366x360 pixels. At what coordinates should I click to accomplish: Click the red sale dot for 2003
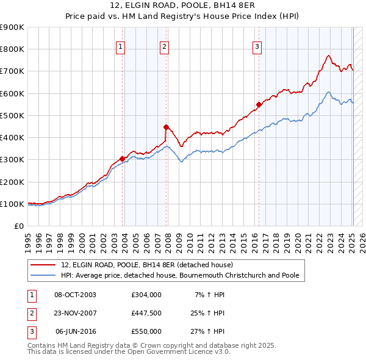pos(123,159)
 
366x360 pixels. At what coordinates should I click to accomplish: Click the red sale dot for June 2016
pos(259,104)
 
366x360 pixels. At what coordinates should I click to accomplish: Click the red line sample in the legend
pos(44,265)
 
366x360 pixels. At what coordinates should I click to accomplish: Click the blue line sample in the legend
pos(44,275)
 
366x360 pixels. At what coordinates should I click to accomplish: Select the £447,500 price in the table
pos(146,313)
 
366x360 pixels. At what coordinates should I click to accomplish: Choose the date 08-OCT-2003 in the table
pos(75,295)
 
